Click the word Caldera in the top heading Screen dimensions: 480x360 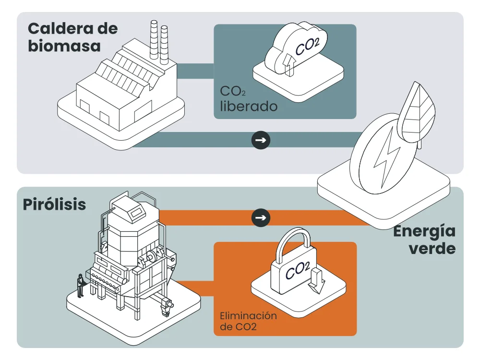tap(60, 29)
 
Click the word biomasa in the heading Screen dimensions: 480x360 tap(64, 46)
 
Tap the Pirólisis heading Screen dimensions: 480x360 tap(55, 204)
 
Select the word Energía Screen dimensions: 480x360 tap(424, 231)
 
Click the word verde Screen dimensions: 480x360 tap(432, 248)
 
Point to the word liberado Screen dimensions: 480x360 tap(249, 106)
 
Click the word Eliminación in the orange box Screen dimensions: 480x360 tap(248, 316)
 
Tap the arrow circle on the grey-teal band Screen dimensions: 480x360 tap(261, 140)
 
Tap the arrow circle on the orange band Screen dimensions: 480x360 tap(261, 217)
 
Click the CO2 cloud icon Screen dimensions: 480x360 tap(295, 48)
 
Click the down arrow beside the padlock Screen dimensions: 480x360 tap(316, 280)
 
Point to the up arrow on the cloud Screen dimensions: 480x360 tap(288, 65)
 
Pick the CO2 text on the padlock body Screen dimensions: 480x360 tap(298, 270)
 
